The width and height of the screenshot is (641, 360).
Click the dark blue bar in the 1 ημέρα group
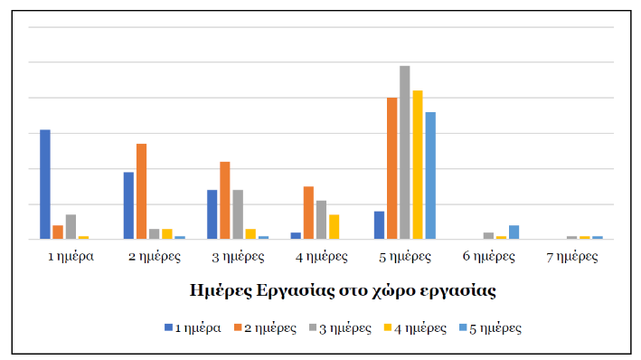click(45, 185)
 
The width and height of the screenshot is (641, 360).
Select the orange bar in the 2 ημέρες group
click(141, 192)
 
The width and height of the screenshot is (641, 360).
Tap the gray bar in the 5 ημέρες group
click(405, 152)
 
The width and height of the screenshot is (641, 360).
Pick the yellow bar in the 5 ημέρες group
click(418, 165)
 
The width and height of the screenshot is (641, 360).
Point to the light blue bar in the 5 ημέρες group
click(430, 175)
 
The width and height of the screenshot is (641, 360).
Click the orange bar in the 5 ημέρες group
click(392, 168)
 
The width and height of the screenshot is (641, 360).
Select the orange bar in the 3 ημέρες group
click(224, 201)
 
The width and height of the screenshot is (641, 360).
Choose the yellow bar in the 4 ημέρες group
click(335, 227)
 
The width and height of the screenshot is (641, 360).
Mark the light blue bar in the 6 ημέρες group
click(514, 232)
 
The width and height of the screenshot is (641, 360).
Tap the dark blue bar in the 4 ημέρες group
click(296, 235)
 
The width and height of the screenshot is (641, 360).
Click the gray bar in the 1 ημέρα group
click(71, 227)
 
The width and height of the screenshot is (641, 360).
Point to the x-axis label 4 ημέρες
click(322, 256)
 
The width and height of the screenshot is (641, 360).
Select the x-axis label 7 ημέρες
click(571, 256)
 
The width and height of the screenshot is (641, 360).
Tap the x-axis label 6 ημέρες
click(488, 256)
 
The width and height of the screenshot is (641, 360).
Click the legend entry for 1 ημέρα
click(193, 327)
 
